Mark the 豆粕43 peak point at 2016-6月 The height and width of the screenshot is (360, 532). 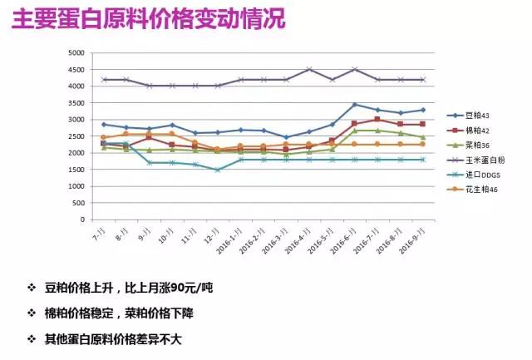pos(355,105)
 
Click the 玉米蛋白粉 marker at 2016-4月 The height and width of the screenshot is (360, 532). pos(309,69)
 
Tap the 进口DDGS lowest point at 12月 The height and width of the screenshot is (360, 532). pos(217,170)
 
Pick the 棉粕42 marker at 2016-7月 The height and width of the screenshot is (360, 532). pos(377,120)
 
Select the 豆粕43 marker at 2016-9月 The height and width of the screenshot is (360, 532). pos(422,110)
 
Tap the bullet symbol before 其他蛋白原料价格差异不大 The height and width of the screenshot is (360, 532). pos(32,339)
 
